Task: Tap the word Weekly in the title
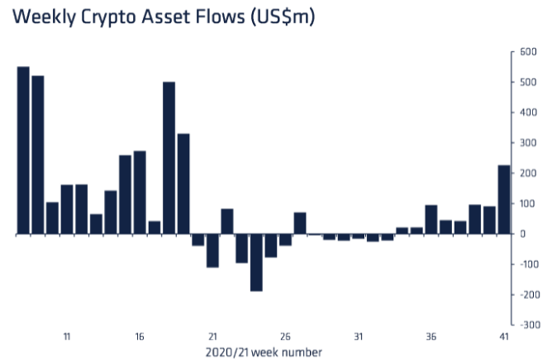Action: [x=47, y=17]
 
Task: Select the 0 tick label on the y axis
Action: [x=521, y=234]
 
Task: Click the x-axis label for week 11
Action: [x=67, y=336]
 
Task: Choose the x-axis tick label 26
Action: [x=285, y=336]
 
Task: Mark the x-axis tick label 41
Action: [x=503, y=336]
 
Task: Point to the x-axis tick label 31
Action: [x=358, y=336]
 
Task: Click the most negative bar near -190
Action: [x=256, y=263]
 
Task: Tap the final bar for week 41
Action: [x=503, y=200]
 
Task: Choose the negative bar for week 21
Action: [x=212, y=250]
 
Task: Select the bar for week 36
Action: [x=431, y=220]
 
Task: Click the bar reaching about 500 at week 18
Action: [x=169, y=158]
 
